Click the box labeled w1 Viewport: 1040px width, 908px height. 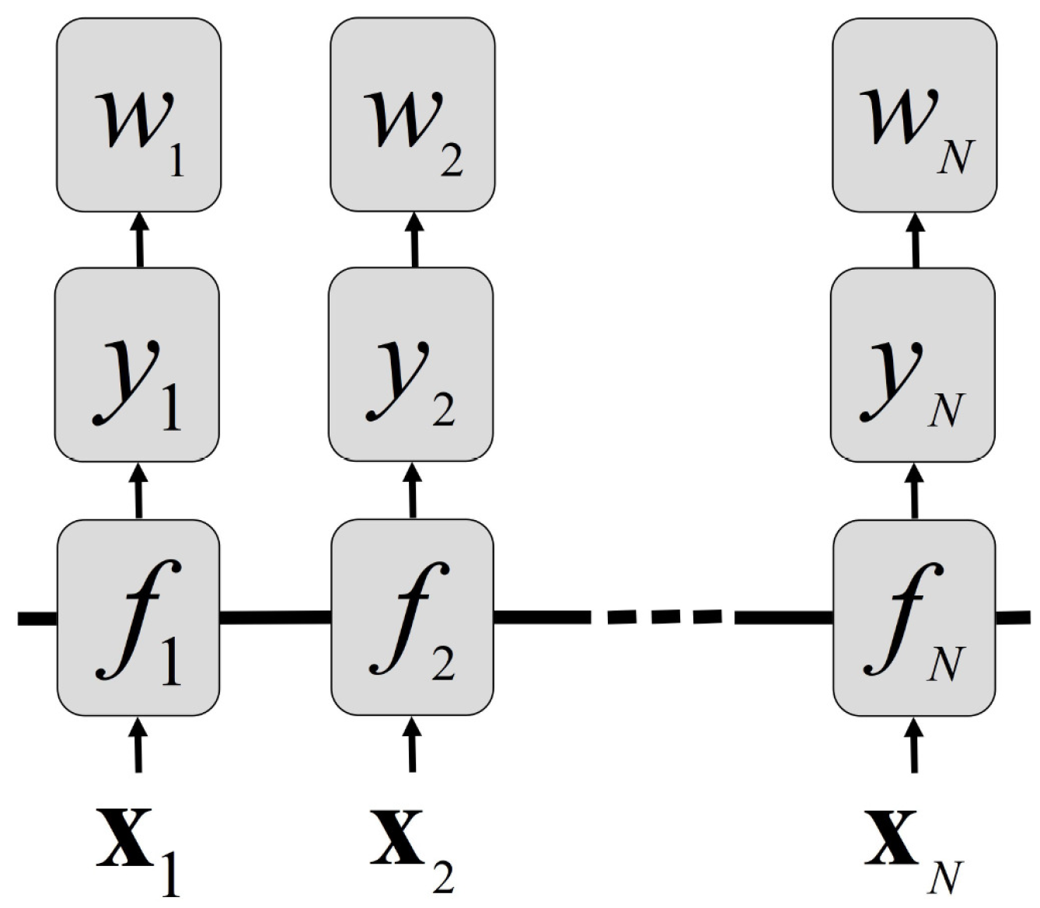(x=138, y=114)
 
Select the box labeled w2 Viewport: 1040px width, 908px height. (x=413, y=114)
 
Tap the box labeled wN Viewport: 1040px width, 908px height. (x=914, y=114)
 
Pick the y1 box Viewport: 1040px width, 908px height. (x=137, y=365)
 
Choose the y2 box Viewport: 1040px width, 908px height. (x=410, y=365)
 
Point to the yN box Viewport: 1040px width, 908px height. (x=913, y=365)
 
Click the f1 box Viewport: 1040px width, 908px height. (x=138, y=617)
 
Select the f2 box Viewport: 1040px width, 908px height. (x=413, y=617)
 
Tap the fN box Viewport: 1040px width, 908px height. (x=914, y=617)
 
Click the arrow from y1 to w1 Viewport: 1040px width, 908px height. (x=140, y=240)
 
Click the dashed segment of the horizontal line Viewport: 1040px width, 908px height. (x=661, y=617)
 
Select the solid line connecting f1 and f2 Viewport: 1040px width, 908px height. (x=275, y=617)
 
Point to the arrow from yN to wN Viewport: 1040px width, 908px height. (x=916, y=240)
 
